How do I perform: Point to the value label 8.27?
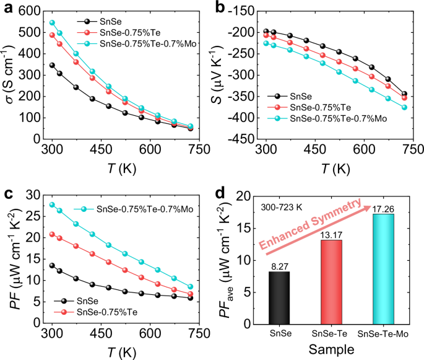(x=279, y=266)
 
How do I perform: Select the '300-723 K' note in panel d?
(x=281, y=206)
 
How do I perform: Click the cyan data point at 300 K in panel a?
(x=52, y=23)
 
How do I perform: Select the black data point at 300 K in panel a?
(x=52, y=65)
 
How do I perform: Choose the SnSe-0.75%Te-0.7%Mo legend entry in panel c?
(x=129, y=209)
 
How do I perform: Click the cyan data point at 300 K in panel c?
(x=52, y=204)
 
